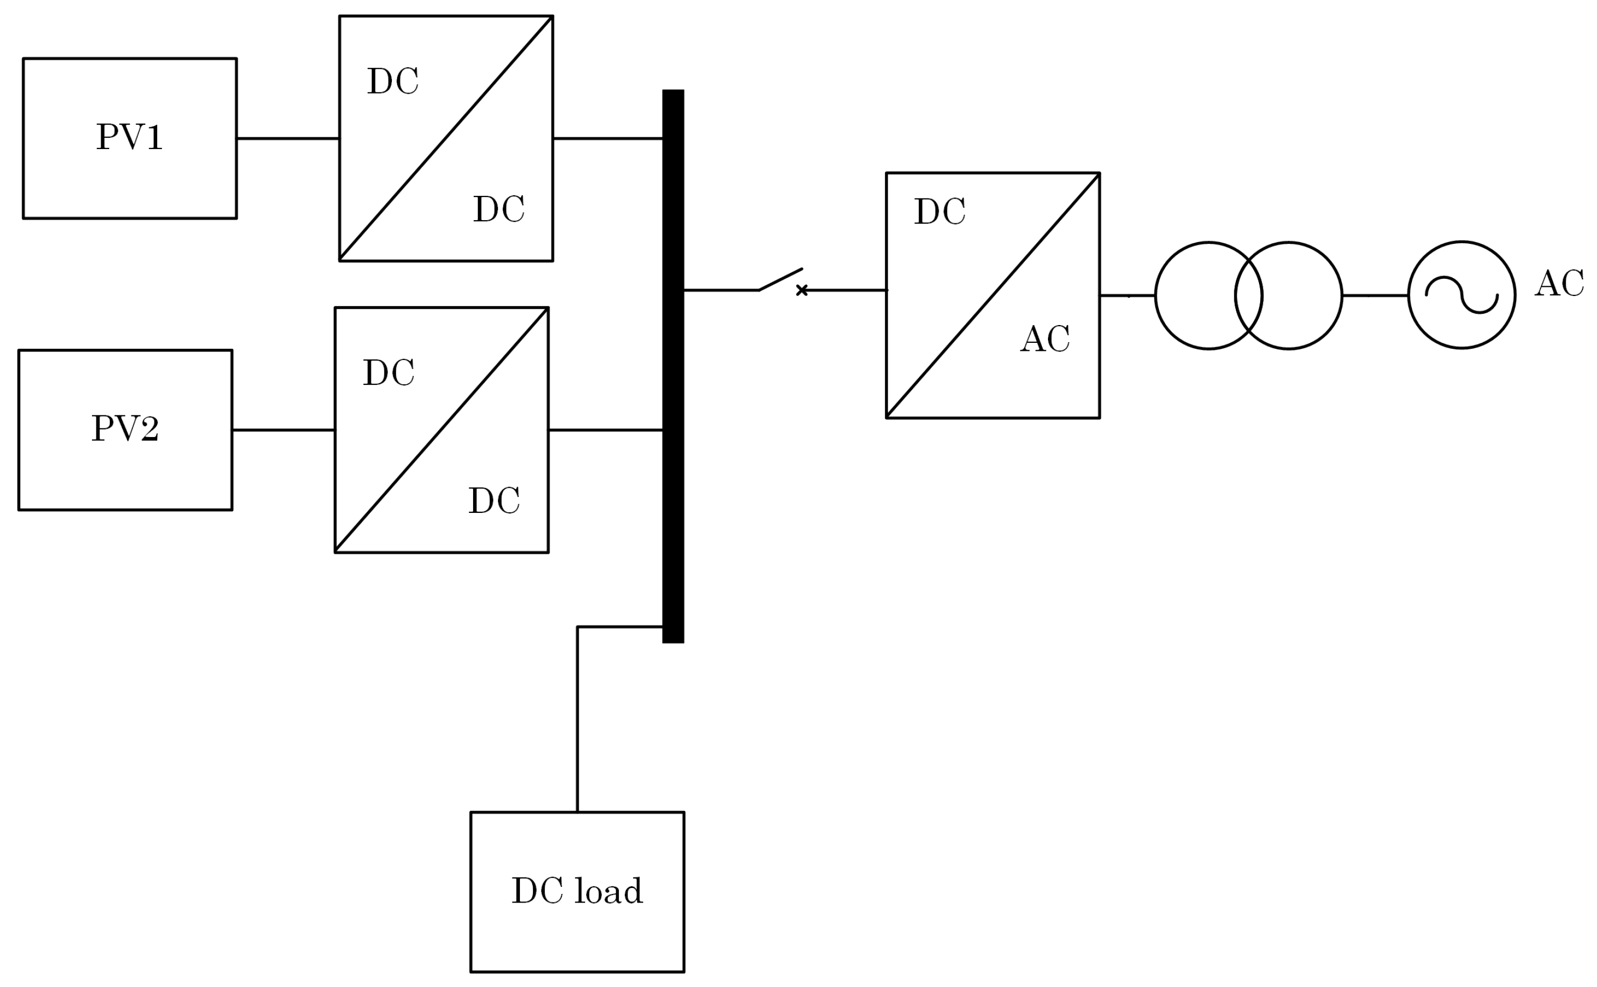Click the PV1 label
coord(129,138)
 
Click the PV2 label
coord(125,429)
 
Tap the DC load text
coord(577,891)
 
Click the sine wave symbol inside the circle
coord(1462,295)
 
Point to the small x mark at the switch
coord(802,291)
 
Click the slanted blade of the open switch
coord(781,279)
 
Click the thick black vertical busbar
coord(673,365)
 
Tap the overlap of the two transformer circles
coord(1248,295)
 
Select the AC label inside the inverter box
coord(1045,340)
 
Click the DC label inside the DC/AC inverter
coord(940,212)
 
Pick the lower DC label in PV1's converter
coord(499,209)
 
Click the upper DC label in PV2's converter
coord(389,373)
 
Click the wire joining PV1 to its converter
coord(287,138)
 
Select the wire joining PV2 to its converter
coord(283,430)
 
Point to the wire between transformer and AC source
coord(1374,295)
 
